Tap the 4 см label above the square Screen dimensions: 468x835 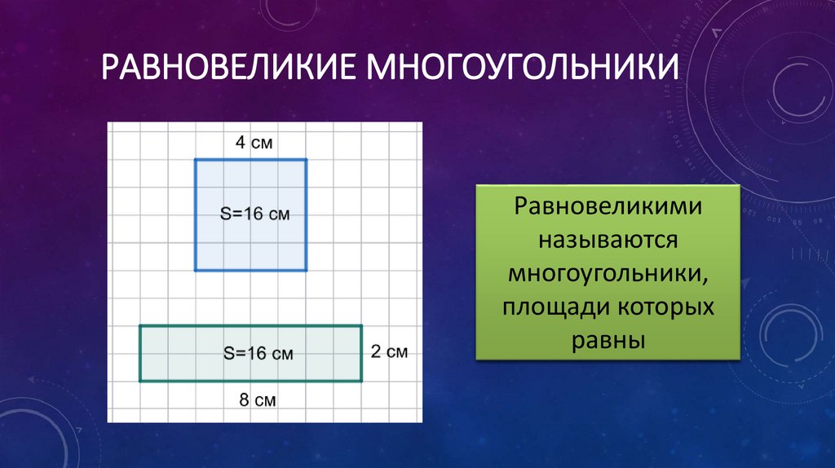[254, 143]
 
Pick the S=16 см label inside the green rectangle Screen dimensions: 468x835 [258, 354]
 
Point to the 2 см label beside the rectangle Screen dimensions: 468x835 [388, 352]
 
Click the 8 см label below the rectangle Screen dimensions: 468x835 [255, 400]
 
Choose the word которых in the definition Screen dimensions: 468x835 [664, 307]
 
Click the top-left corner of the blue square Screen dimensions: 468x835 [195, 160]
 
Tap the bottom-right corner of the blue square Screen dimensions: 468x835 [307, 270]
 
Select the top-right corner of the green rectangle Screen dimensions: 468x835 [362, 326]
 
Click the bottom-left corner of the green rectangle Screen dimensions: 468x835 [140, 381]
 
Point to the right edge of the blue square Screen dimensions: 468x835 [307, 215]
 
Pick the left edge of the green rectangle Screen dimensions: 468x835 [140, 353]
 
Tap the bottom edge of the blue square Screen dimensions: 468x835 [251, 270]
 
